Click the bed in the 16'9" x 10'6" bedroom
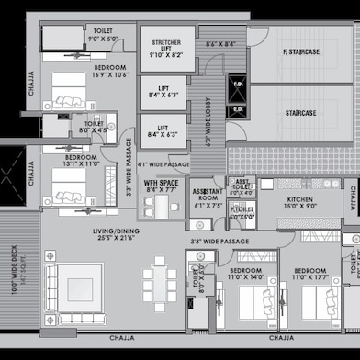click(69, 91)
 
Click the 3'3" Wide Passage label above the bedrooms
click(221, 242)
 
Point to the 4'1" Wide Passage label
click(163, 164)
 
